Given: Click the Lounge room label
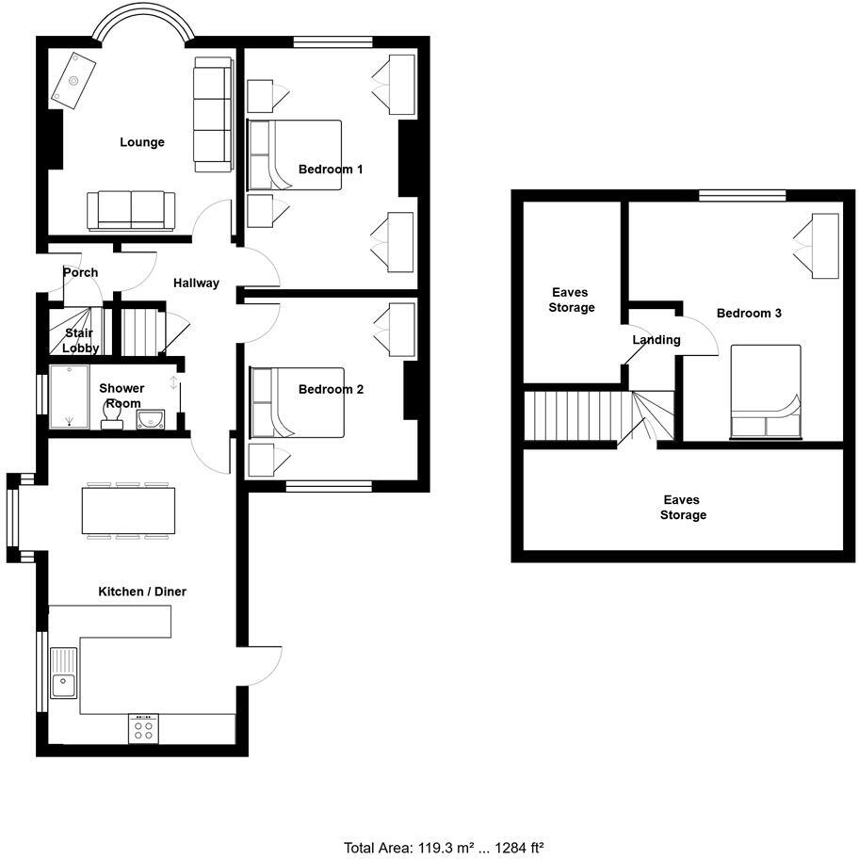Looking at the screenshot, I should click(x=142, y=142).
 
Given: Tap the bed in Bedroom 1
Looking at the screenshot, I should click(x=294, y=155).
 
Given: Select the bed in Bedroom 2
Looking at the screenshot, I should click(x=296, y=403).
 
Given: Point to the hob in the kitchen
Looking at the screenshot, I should click(x=144, y=728).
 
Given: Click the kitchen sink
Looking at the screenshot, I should click(x=64, y=673).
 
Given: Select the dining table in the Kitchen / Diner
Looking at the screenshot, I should click(x=129, y=511).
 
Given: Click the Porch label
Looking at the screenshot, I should click(x=80, y=272).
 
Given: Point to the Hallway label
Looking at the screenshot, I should click(x=196, y=283).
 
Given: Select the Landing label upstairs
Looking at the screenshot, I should click(x=656, y=340).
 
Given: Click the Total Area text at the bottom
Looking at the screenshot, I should click(x=444, y=848).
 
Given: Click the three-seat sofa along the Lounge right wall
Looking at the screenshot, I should click(x=213, y=115).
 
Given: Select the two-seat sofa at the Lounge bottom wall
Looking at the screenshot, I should click(x=131, y=210).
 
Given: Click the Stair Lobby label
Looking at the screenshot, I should click(x=81, y=340).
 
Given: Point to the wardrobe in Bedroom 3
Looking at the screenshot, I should click(x=816, y=246).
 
